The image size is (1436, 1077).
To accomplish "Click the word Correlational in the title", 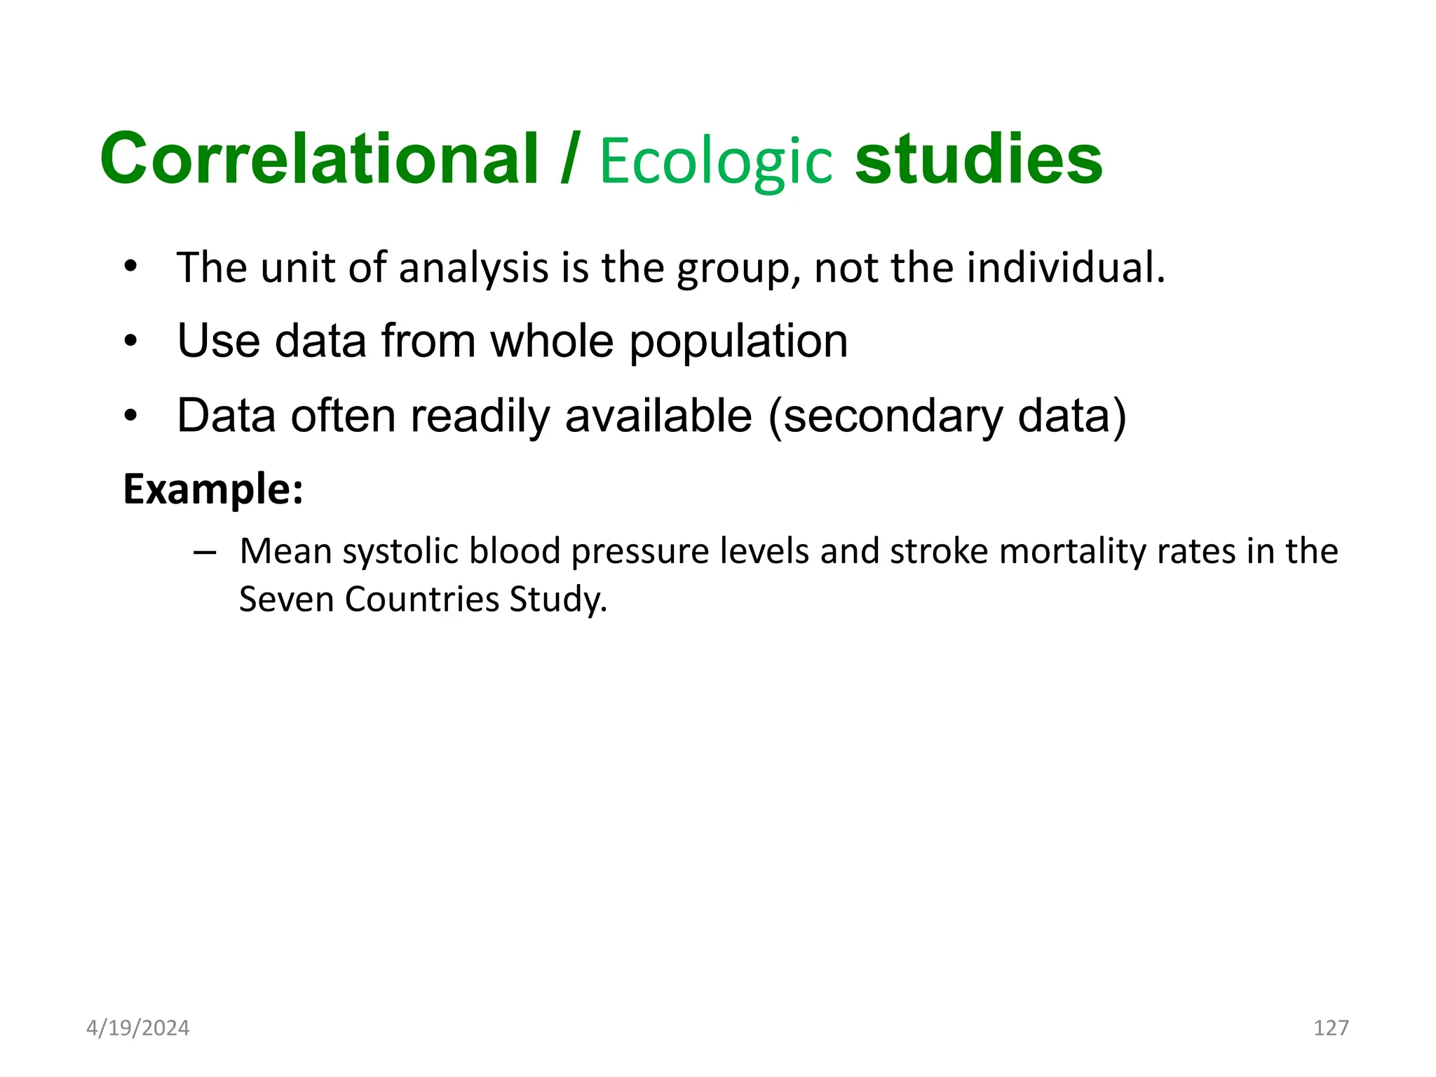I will click(319, 160).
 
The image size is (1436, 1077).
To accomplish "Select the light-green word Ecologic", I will click(716, 163).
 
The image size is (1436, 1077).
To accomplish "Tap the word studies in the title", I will click(979, 160).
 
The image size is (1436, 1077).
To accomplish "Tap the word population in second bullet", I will click(738, 342).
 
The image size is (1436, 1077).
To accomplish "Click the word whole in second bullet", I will click(552, 341).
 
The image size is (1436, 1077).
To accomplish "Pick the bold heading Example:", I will click(213, 489).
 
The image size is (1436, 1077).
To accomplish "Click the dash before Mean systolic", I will click(204, 553).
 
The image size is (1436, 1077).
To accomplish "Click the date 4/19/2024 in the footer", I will click(137, 1028).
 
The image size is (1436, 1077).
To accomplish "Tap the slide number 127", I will click(1330, 1028).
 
